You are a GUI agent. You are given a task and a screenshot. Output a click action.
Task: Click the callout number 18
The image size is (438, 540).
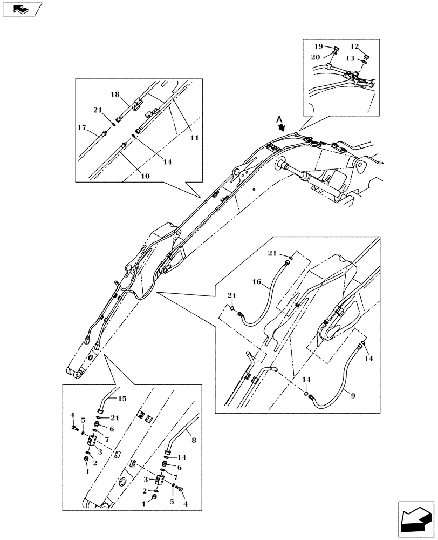point(115,94)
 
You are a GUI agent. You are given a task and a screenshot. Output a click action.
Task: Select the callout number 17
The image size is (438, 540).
point(82,127)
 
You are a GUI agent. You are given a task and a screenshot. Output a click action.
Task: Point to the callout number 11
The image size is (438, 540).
point(194,138)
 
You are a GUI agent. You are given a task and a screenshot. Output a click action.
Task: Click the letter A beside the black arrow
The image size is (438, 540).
point(278,120)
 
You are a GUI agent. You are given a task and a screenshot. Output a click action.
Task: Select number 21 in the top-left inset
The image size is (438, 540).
point(97,110)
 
